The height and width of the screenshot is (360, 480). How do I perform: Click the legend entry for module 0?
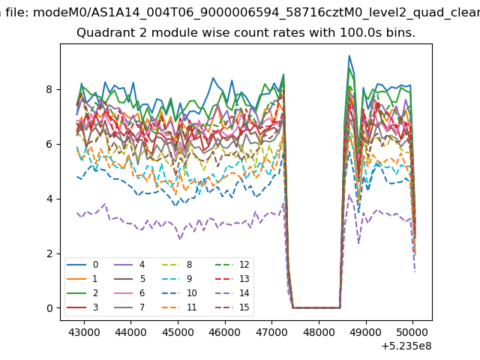pyautogui.click(x=82, y=265)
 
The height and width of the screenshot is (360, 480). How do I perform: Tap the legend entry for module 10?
pyautogui.click(x=179, y=293)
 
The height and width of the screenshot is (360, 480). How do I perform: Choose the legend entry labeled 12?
pyautogui.click(x=232, y=265)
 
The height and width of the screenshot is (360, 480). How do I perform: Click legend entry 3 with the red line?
pyautogui.click(x=82, y=307)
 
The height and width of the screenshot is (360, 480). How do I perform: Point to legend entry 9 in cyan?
pyautogui.click(x=177, y=278)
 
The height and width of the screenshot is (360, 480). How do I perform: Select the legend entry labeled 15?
pyautogui.click(x=232, y=307)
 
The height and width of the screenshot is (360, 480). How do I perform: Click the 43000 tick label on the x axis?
pyautogui.click(x=84, y=332)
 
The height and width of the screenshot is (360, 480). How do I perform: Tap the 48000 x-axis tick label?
pyautogui.click(x=319, y=332)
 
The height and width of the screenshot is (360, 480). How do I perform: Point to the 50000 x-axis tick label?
pyautogui.click(x=412, y=332)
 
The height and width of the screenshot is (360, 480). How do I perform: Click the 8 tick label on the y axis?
pyautogui.click(x=49, y=89)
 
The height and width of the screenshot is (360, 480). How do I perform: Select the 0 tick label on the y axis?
pyautogui.click(x=49, y=308)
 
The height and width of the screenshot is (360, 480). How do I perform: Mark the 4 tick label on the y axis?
pyautogui.click(x=49, y=199)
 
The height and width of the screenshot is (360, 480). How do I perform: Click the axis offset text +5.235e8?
pyautogui.click(x=406, y=346)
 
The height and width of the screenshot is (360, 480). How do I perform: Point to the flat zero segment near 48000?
pyautogui.click(x=316, y=307)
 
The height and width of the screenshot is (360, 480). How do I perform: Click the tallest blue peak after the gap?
pyautogui.click(x=349, y=56)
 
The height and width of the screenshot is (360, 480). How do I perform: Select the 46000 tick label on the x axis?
pyautogui.click(x=225, y=332)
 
